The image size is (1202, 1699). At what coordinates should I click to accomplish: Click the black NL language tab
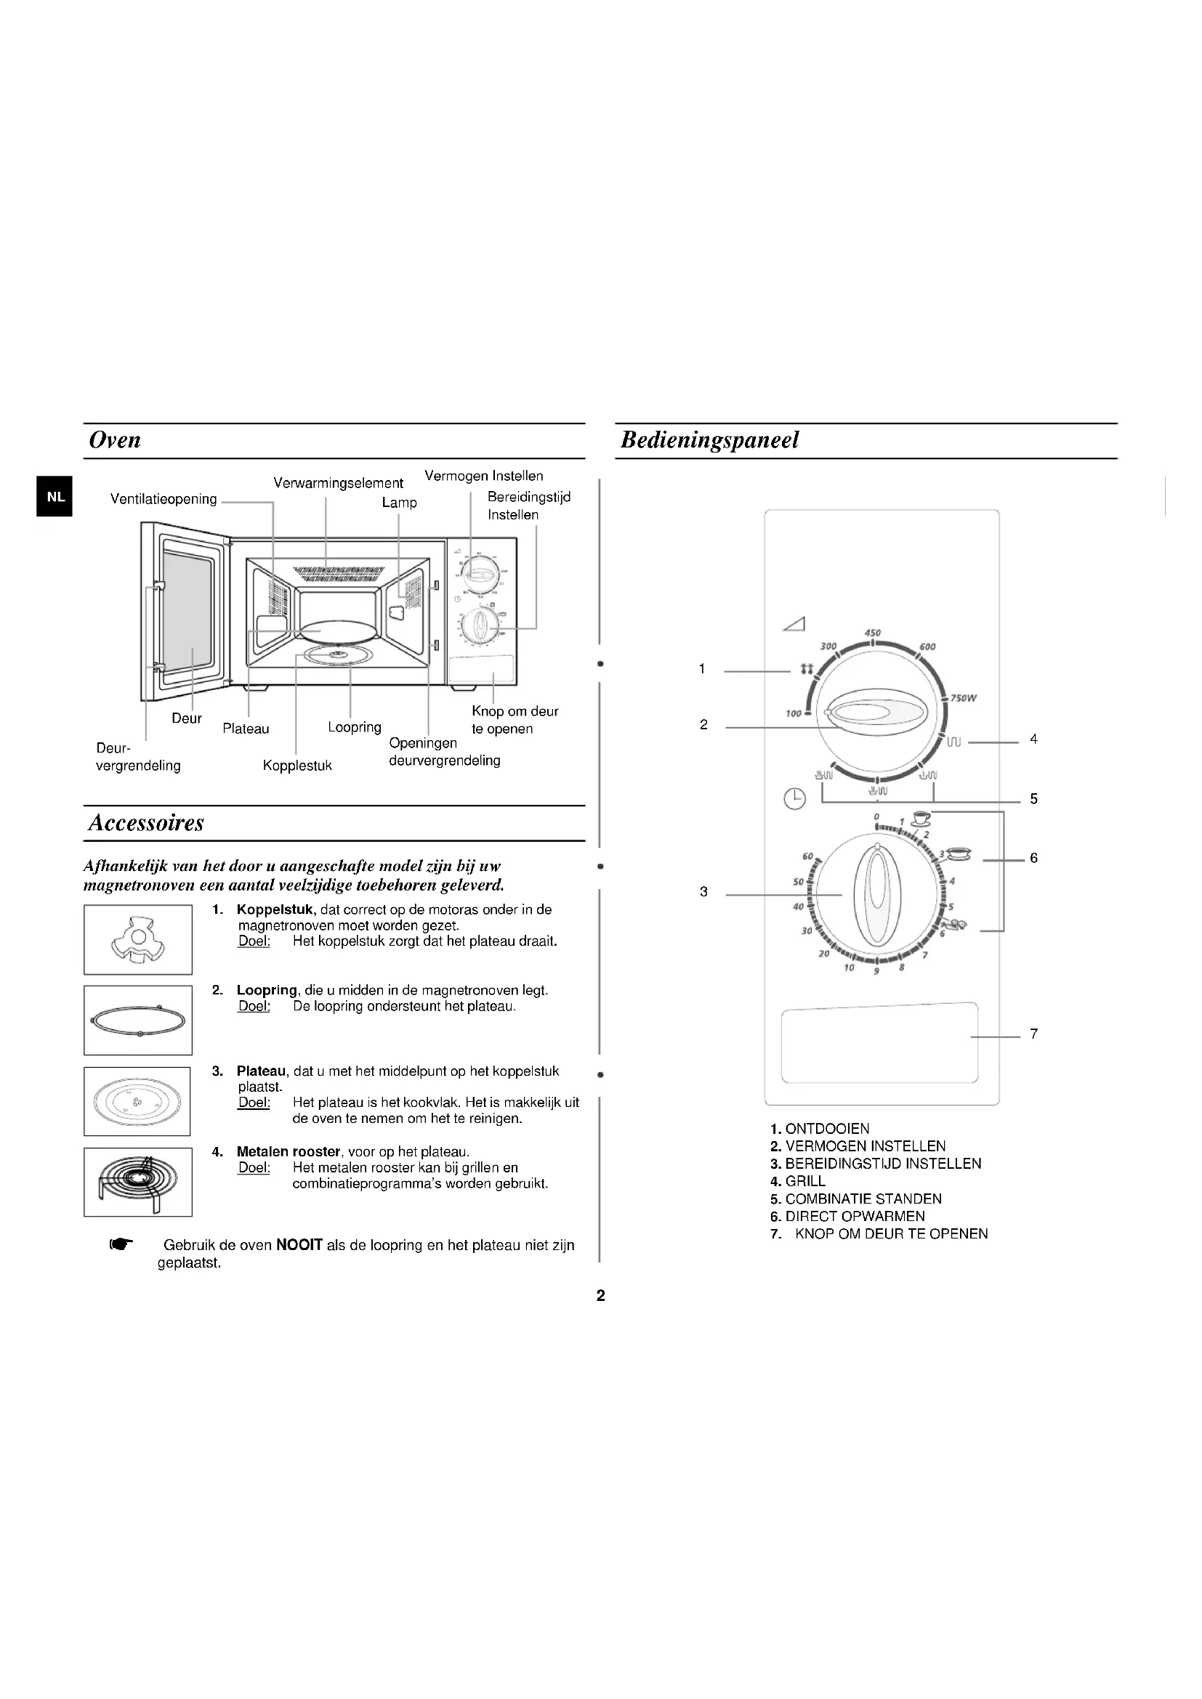click(55, 497)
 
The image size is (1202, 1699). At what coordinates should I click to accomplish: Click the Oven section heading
click(115, 440)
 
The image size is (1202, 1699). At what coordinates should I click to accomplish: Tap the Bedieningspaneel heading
click(709, 440)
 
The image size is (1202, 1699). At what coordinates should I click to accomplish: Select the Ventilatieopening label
click(164, 500)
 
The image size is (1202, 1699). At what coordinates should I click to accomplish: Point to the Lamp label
click(399, 503)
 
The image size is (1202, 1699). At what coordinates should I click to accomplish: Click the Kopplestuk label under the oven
click(297, 766)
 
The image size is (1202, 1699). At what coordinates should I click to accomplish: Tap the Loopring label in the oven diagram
click(355, 727)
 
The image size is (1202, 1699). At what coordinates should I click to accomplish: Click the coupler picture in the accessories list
click(137, 940)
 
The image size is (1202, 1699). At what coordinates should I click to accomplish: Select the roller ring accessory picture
click(137, 1021)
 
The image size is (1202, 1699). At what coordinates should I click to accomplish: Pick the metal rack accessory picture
click(137, 1182)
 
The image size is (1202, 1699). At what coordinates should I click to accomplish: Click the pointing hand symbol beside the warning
click(121, 1245)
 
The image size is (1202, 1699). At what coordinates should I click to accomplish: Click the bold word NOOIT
click(299, 1246)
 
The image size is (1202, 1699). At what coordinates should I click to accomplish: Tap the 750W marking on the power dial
click(962, 698)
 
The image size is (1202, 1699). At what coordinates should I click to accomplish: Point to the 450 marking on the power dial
click(873, 633)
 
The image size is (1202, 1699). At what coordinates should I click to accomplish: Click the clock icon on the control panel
click(794, 799)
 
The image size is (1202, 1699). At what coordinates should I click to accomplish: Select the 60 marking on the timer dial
click(807, 856)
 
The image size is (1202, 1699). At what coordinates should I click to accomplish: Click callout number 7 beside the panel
click(1033, 1034)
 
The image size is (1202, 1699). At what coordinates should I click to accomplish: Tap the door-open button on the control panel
click(879, 1043)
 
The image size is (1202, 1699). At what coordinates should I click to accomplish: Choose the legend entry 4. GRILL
click(798, 1181)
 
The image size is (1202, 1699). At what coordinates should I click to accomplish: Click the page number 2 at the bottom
click(600, 1296)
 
